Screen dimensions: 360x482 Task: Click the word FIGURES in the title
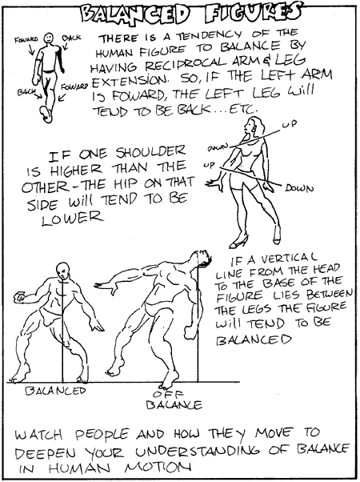(253, 13)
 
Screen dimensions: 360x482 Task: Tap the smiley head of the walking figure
(49, 38)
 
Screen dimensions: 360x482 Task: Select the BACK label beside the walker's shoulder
(71, 38)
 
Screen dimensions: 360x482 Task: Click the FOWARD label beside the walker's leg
(74, 86)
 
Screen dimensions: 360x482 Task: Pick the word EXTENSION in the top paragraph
(130, 81)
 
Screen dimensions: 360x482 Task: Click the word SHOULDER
(151, 152)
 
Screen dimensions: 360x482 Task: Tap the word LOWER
(71, 218)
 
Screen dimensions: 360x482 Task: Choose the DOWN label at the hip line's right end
(298, 188)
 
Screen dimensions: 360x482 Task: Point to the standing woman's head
(254, 127)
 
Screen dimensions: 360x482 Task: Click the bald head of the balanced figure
(63, 271)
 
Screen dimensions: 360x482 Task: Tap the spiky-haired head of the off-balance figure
(202, 259)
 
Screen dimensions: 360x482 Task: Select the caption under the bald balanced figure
(55, 391)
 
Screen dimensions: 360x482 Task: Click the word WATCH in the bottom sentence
(39, 434)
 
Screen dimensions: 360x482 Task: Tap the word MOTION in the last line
(158, 468)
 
